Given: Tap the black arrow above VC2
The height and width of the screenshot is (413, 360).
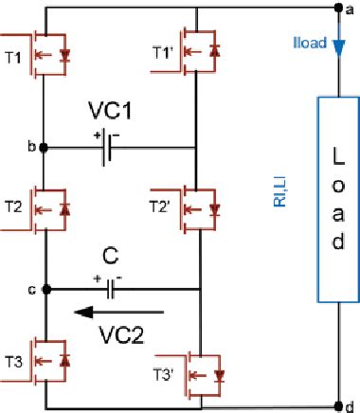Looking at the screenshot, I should tap(121, 310).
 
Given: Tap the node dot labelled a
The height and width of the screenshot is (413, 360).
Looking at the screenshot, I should tap(338, 8).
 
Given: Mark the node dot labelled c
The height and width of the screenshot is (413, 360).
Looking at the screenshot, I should tap(43, 289).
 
